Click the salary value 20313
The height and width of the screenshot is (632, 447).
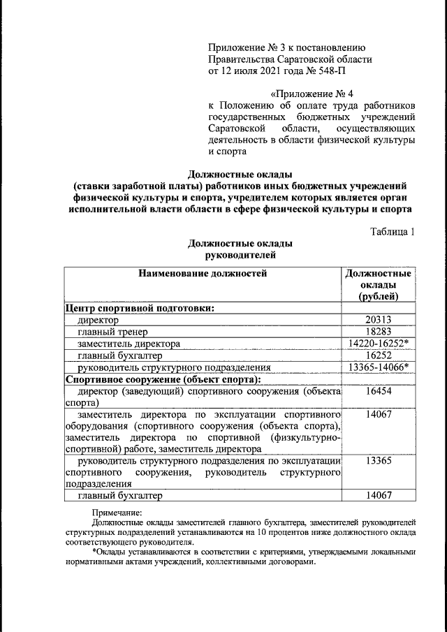tap(378, 320)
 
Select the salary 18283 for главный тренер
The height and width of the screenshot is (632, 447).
tap(378, 332)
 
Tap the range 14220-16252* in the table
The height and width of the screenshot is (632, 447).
tap(378, 344)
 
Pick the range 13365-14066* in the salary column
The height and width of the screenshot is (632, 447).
tap(378, 367)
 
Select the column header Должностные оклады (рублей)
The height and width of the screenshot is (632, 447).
tap(378, 285)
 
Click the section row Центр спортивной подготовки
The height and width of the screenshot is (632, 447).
tap(139, 308)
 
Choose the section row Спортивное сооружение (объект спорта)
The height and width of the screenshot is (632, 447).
tap(162, 379)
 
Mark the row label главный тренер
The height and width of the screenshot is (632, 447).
tap(112, 332)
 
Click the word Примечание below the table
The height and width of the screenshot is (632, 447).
tap(117, 513)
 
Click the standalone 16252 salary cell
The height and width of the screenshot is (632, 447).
tap(378, 355)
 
